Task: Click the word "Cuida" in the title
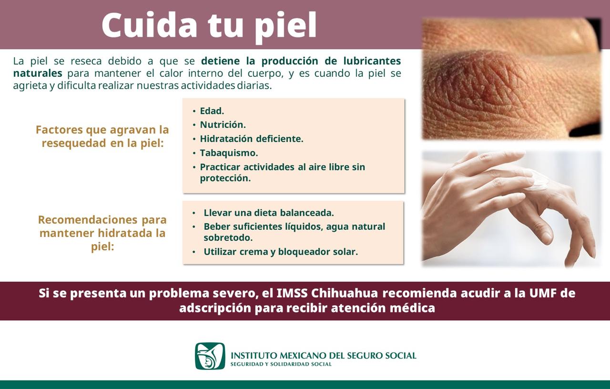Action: coord(149,25)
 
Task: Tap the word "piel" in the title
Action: coord(285,25)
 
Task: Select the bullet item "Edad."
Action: coord(212,111)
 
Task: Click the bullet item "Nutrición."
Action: coord(223,125)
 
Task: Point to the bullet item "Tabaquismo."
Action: coord(229,153)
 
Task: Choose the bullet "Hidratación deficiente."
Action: coord(251,139)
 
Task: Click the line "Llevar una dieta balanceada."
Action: coord(268,213)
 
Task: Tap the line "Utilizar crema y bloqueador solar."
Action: coord(280,252)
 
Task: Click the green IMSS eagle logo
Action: coord(210,356)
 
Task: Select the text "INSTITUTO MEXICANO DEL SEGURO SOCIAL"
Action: coord(323,356)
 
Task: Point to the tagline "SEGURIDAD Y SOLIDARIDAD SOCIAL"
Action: coord(281,365)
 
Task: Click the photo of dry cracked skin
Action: coord(511,79)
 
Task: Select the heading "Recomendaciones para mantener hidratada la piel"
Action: coord(102,233)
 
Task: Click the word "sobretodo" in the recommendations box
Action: coord(228,238)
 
